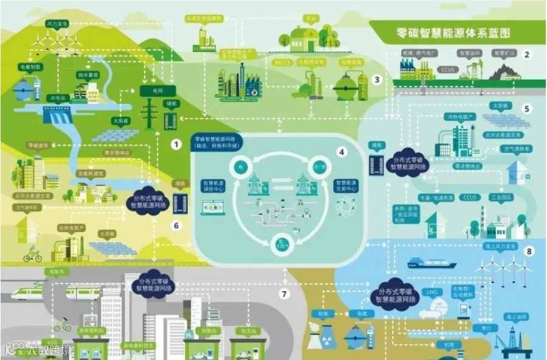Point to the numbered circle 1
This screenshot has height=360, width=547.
(x=176, y=145)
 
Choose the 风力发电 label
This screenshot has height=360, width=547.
(x=57, y=23)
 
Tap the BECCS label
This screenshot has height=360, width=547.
(x=283, y=61)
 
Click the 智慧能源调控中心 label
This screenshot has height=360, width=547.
(x=213, y=185)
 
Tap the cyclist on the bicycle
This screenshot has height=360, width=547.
(x=32, y=255)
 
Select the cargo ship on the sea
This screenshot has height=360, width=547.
(x=432, y=263)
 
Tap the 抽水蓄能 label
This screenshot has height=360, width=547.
(x=87, y=75)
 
